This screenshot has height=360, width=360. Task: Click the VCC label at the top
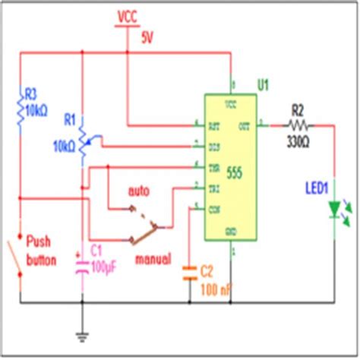pos(128,14)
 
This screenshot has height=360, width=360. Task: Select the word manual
pos(153,257)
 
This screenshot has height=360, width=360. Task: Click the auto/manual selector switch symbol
pos(144,226)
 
